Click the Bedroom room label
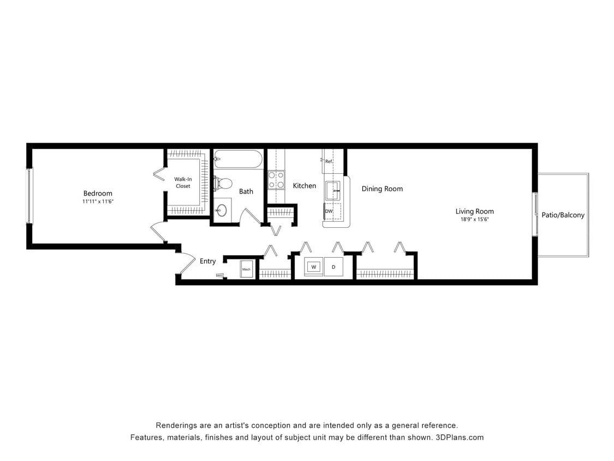pyautogui.click(x=98, y=193)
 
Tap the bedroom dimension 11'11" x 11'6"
pyautogui.click(x=98, y=202)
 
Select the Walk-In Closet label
pyautogui.click(x=183, y=182)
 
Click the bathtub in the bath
pyautogui.click(x=238, y=159)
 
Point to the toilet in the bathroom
pyautogui.click(x=223, y=184)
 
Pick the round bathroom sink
pyautogui.click(x=222, y=210)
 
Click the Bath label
pyautogui.click(x=246, y=191)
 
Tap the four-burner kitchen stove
pyautogui.click(x=276, y=180)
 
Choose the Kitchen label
pyautogui.click(x=305, y=186)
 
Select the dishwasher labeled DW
pyautogui.click(x=329, y=211)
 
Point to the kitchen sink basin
pyautogui.click(x=332, y=191)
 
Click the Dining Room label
pyautogui.click(x=382, y=189)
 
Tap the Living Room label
pyautogui.click(x=475, y=211)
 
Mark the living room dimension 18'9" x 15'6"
pyautogui.click(x=475, y=220)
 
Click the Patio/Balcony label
pyautogui.click(x=563, y=215)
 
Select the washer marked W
pyautogui.click(x=314, y=267)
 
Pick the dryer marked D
pyautogui.click(x=333, y=267)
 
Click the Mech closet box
pyautogui.click(x=246, y=269)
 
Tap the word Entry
pyautogui.click(x=207, y=261)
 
